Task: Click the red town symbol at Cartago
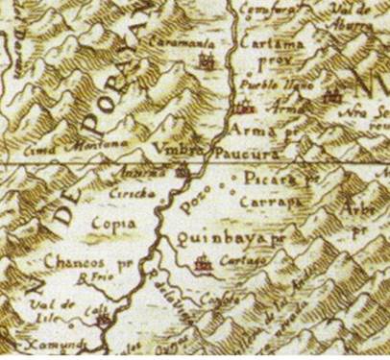(203, 262)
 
